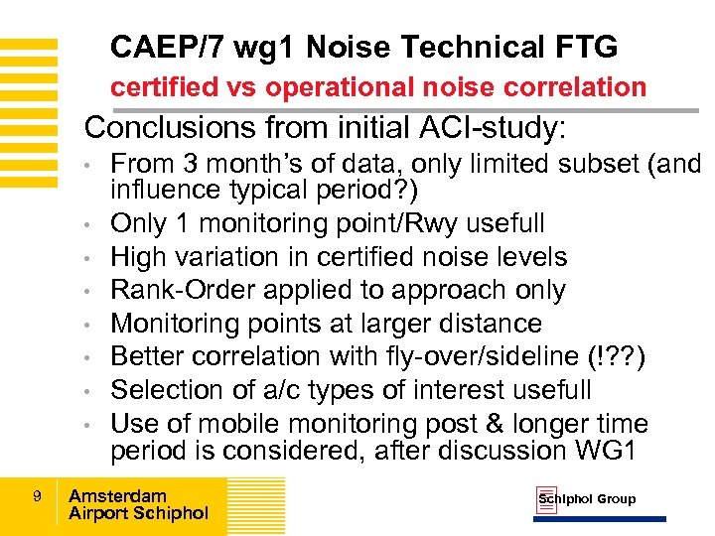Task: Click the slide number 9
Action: (x=36, y=494)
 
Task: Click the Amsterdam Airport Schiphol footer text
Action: (x=138, y=504)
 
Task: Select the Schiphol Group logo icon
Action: (x=546, y=500)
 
